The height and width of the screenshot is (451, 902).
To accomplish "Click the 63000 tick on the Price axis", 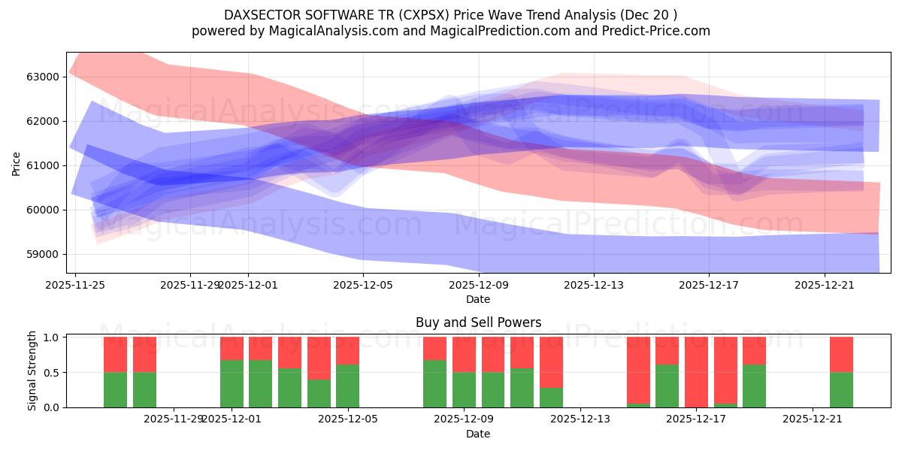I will [43, 77].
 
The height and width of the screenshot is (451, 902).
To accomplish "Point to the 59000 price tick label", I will [43, 255].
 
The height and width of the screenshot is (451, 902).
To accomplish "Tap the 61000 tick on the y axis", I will [43, 166].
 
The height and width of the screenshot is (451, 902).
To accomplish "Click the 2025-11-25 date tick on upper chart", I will [74, 285].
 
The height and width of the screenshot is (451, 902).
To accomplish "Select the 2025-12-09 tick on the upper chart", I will [478, 285].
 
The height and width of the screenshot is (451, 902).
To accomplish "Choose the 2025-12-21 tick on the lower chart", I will [813, 419].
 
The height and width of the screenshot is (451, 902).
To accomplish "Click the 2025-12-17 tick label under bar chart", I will [697, 419].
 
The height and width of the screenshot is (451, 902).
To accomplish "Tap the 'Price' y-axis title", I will [16, 163].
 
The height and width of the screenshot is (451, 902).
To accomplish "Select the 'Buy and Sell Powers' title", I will [478, 323].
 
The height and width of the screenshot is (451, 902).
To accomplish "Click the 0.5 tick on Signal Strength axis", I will [52, 373].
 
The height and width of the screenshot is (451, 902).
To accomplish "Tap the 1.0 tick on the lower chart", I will [52, 338].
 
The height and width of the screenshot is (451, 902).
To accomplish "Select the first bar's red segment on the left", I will [115, 355].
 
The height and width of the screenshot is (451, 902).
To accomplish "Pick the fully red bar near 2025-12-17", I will [696, 372].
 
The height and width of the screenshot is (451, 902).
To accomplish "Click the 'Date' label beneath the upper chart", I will [478, 299].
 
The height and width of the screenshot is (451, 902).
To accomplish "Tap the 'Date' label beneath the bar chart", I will [478, 434].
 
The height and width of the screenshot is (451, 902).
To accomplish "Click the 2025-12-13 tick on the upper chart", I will [594, 285].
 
